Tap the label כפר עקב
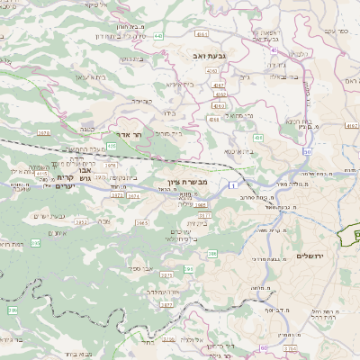(x=336, y=31)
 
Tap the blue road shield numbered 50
(x=308, y=151)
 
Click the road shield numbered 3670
(x=43, y=133)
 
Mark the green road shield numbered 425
(x=111, y=145)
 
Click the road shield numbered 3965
(x=142, y=221)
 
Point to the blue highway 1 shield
(x=232, y=184)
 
